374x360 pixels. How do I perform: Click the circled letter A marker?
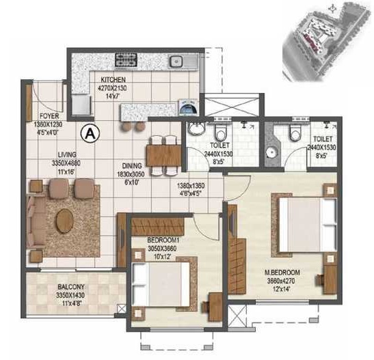[x=88, y=133]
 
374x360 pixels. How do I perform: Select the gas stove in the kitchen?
[x=126, y=62]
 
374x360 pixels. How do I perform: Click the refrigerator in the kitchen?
[x=81, y=105]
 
